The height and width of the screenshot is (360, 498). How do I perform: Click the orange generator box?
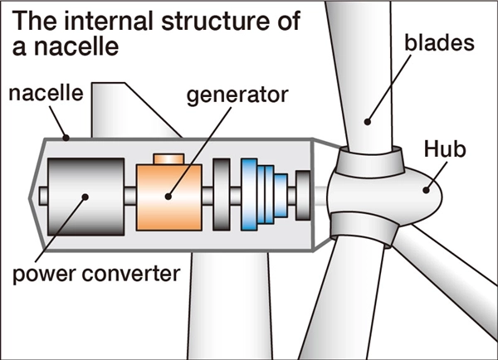pyautogui.click(x=170, y=195)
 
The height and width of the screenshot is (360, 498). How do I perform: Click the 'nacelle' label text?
pyautogui.click(x=46, y=93)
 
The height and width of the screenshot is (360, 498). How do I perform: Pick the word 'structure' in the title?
pyautogui.click(x=219, y=22)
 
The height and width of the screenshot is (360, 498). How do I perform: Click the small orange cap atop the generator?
pyautogui.click(x=169, y=158)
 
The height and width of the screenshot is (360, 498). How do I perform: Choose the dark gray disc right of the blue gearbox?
pyautogui.click(x=303, y=192)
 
